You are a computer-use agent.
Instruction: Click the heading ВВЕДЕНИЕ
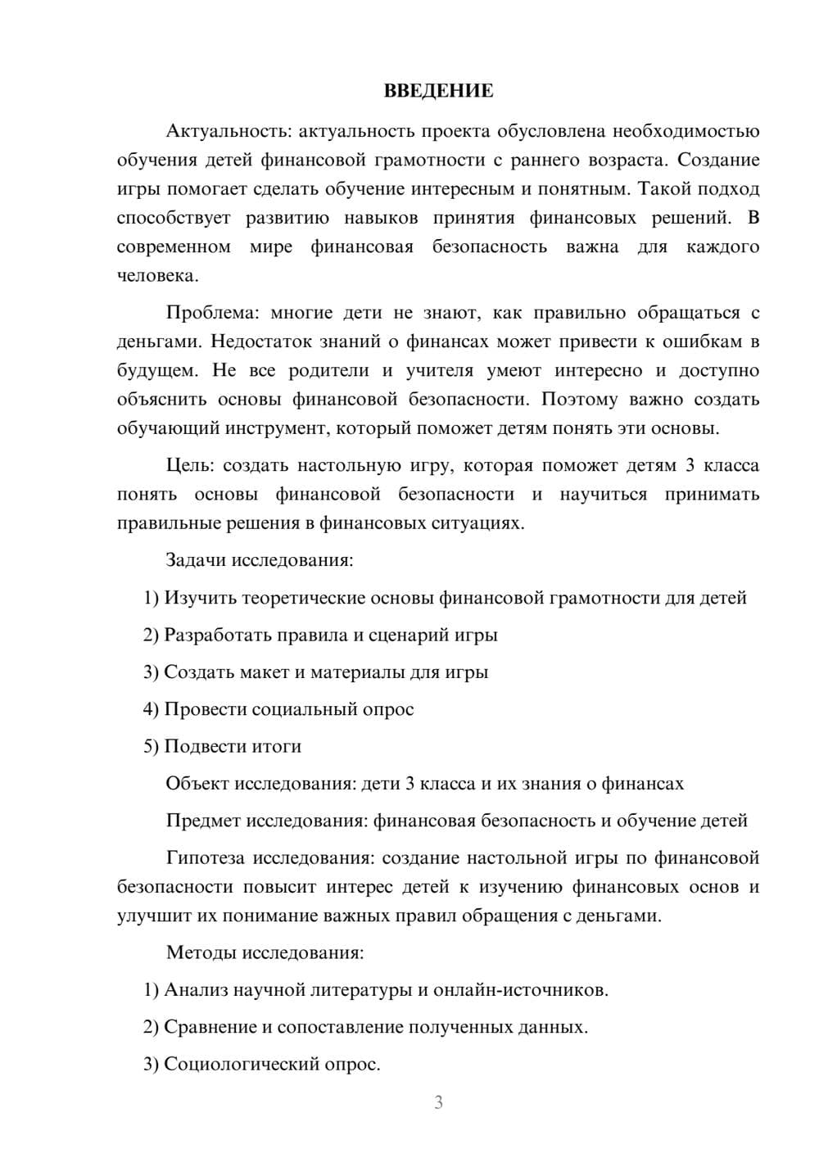pos(438,91)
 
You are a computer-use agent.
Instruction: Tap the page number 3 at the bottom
pos(438,1102)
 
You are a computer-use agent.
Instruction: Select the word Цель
pos(190,466)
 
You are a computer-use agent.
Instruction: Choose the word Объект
pos(197,784)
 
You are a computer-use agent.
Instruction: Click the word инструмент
pos(283,428)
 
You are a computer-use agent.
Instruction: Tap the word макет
pos(264,672)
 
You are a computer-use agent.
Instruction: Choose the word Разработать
pos(216,636)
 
